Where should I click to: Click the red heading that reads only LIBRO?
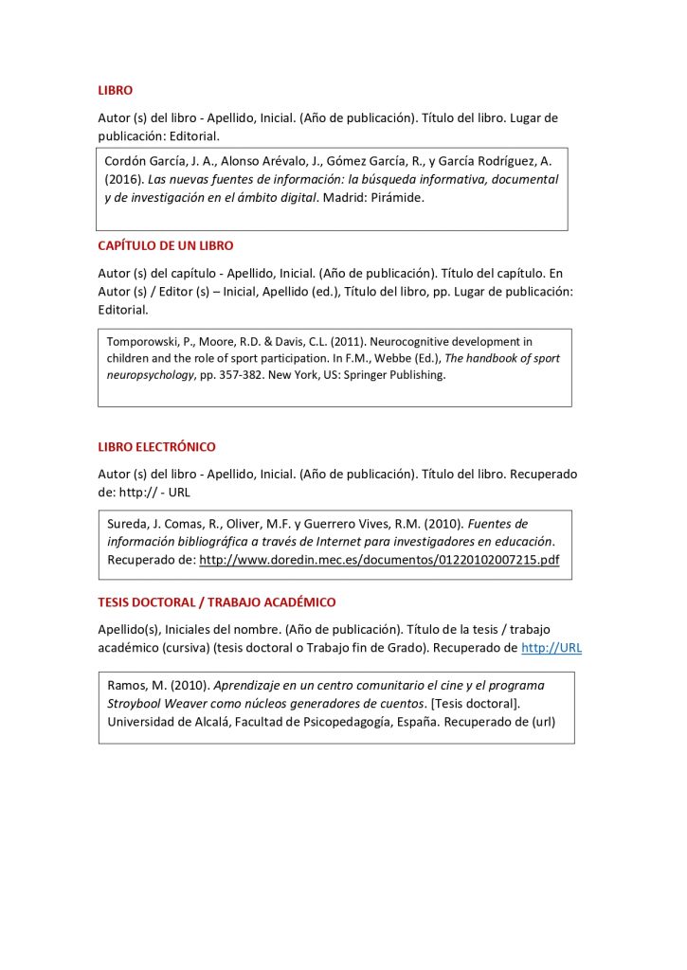115,91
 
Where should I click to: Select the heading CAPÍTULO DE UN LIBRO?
166,245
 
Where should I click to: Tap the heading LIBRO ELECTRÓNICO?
156,446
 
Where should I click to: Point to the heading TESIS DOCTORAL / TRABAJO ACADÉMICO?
216,602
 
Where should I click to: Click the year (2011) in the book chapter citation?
345,342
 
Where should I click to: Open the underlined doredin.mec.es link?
379,560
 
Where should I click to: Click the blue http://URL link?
551,648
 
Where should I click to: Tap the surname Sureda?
128,524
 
